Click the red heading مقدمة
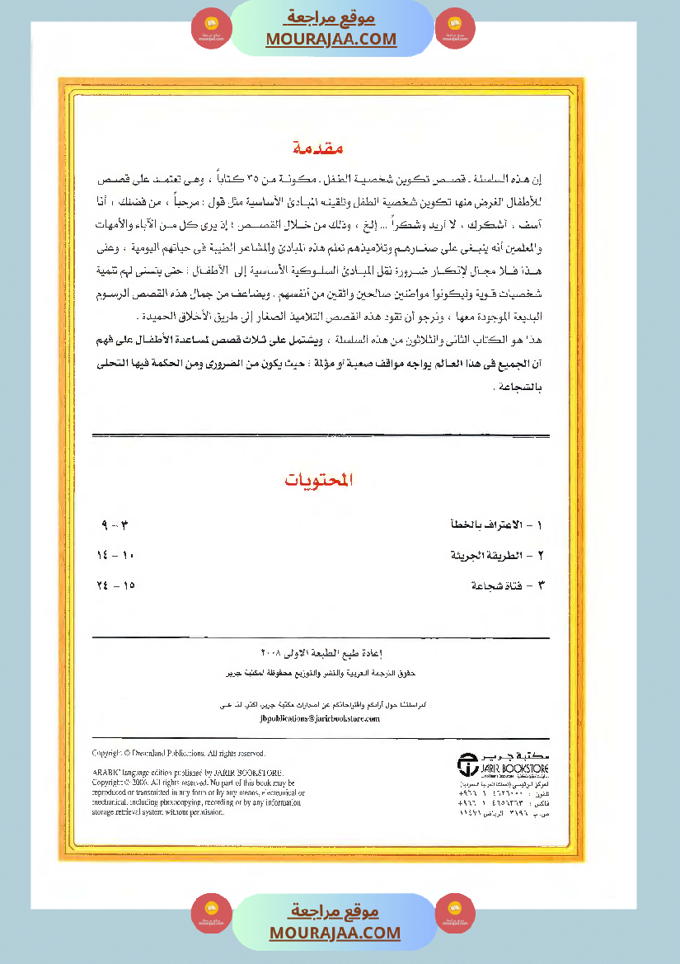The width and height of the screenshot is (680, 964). coord(318,149)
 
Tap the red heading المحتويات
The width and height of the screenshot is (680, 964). coord(319,480)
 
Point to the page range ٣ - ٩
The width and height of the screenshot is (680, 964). coord(115,524)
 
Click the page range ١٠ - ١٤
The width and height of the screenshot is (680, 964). coord(115,555)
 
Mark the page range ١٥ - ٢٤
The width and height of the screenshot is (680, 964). coord(115,585)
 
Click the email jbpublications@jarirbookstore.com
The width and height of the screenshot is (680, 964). coord(319,718)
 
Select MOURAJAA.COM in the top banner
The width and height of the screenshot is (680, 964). coord(331,39)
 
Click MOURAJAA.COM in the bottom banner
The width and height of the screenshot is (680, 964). coord(335,933)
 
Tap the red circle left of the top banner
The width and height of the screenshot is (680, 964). coord(206,28)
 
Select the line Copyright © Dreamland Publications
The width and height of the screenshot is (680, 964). coord(179,753)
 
